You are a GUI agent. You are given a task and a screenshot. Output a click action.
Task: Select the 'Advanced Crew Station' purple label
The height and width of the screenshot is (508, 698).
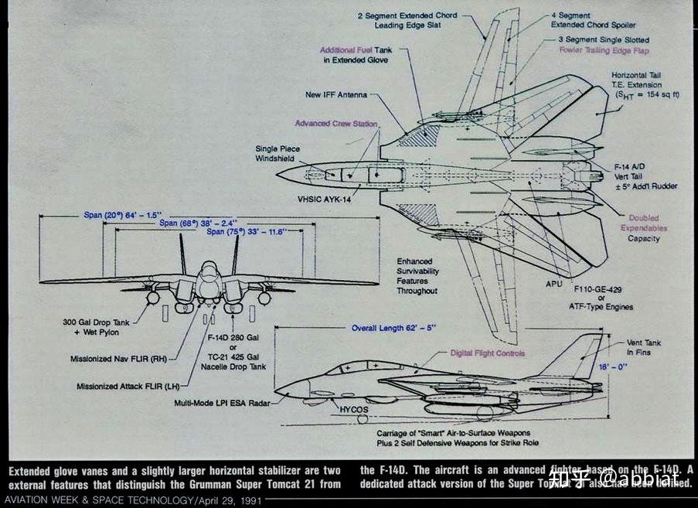coord(336,123)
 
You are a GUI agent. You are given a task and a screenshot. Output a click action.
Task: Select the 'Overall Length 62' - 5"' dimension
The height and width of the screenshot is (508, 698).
coord(393,327)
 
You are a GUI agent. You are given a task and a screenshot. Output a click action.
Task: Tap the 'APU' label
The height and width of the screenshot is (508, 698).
coord(554,284)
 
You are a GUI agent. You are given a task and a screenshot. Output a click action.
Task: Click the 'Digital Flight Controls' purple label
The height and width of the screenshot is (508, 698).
coord(488,353)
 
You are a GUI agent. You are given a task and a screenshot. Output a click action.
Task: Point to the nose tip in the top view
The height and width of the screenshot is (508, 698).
coord(279,174)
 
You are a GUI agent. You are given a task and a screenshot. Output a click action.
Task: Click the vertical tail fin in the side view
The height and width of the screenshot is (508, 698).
coord(580,357)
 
